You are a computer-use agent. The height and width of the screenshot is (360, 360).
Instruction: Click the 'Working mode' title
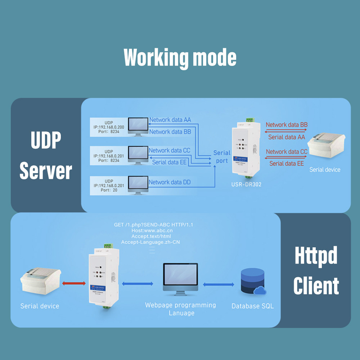click(180, 57)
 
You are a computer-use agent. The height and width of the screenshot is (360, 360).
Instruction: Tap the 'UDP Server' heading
click(46, 155)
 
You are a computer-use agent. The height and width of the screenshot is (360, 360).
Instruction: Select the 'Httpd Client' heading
click(316, 270)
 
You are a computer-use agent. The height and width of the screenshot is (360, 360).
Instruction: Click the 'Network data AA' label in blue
click(170, 120)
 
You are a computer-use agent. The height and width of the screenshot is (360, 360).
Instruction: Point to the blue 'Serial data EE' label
click(169, 162)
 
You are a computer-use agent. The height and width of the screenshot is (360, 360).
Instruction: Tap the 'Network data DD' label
click(170, 182)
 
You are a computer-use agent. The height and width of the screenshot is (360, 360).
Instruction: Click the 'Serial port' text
click(222, 157)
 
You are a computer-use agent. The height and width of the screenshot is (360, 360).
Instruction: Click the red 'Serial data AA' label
click(287, 137)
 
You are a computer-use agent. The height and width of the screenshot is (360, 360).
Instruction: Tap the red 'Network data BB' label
click(287, 125)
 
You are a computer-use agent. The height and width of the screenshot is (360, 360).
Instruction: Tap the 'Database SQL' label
click(252, 306)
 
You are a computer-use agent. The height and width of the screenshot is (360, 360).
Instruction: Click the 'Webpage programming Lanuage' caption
click(180, 309)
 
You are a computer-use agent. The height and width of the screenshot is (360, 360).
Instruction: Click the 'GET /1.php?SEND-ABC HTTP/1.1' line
click(154, 225)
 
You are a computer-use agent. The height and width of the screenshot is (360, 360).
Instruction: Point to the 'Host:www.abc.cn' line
click(152, 230)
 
